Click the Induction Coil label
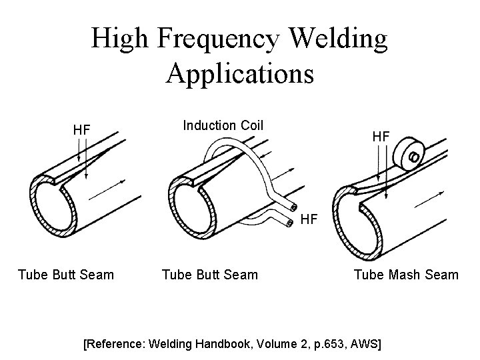click(x=223, y=125)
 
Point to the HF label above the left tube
click(x=81, y=129)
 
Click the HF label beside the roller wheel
click(x=381, y=135)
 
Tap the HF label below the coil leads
click(x=309, y=218)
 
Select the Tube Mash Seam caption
click(x=406, y=274)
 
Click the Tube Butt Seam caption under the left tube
click(x=66, y=274)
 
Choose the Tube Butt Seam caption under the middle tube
click(x=210, y=274)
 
